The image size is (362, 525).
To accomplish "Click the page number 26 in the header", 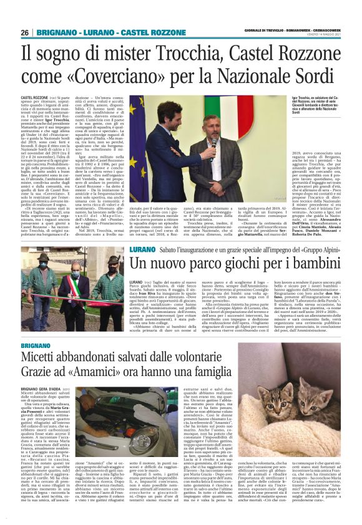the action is (25, 32).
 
